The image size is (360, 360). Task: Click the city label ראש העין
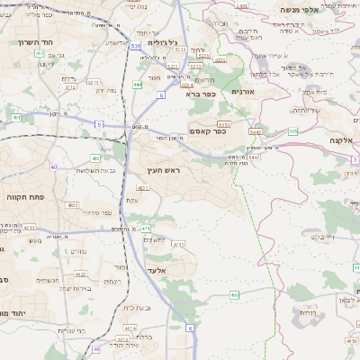coord(166,169)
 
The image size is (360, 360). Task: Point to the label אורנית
coord(244,92)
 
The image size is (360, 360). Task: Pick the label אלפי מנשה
coord(301,10)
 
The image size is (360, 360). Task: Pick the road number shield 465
coord(234,294)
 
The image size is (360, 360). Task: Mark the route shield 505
coord(292,131)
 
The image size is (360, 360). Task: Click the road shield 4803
coord(72,205)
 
